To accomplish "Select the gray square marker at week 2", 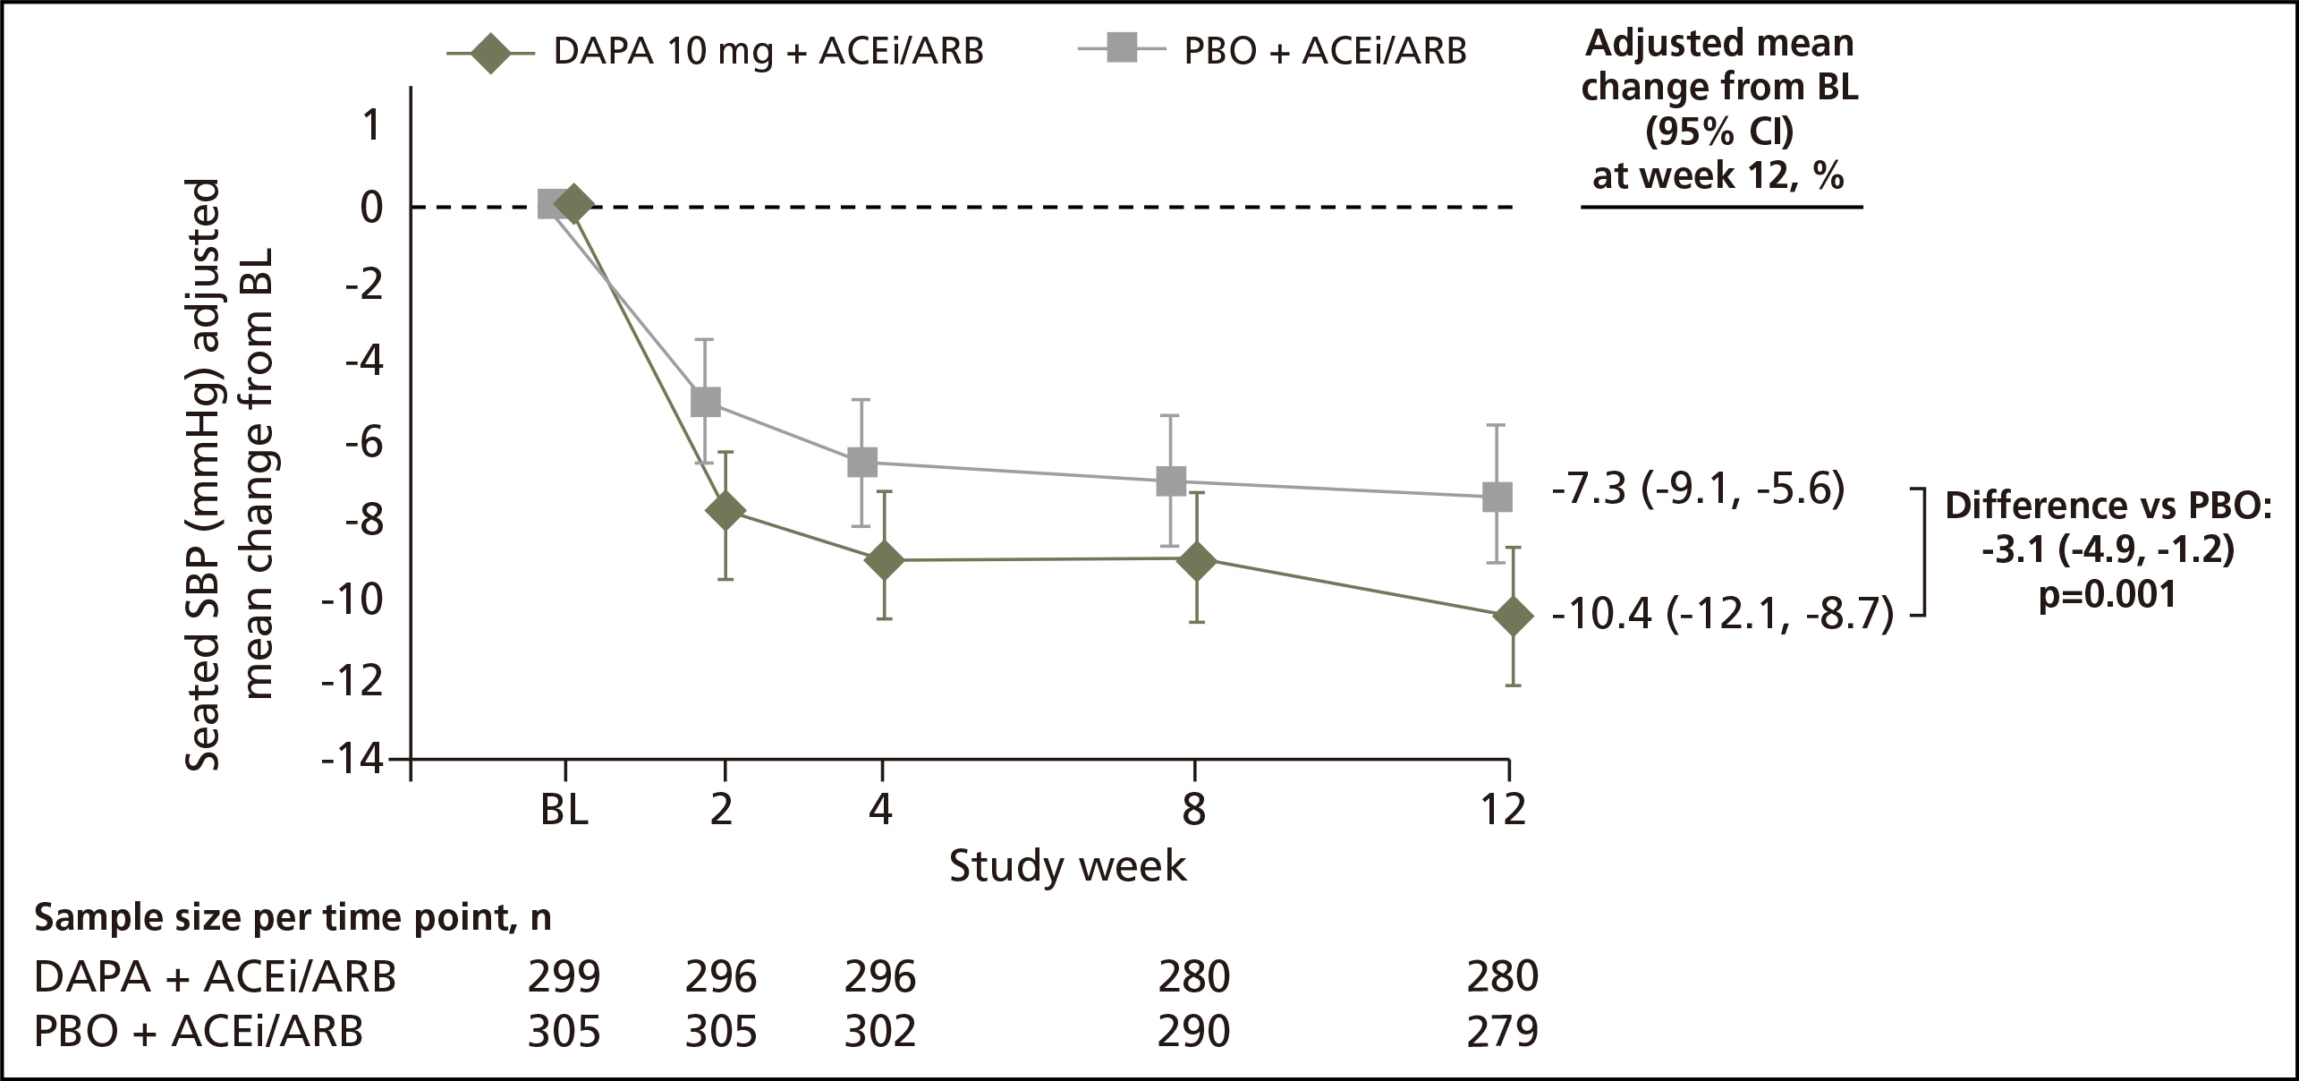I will pos(706,402).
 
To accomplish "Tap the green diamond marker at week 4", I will pos(885,561).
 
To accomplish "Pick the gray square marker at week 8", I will pos(1170,481).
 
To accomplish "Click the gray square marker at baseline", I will pos(551,205).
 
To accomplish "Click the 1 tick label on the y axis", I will pos(370,126).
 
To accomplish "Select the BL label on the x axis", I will pos(564,811).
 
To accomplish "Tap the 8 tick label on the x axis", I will pos(1194,811).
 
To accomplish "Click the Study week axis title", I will pos(1067,866).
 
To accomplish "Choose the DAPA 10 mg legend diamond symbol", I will pos(491,51).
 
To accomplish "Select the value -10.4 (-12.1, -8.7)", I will pos(1722,616).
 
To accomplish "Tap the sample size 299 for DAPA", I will pos(564,977).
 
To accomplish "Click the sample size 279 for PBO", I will pos(1503,1032).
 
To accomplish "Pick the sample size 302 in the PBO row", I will pos(880,1032).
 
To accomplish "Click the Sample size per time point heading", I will pos(293,919).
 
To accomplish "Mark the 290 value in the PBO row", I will pos(1194,1032).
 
